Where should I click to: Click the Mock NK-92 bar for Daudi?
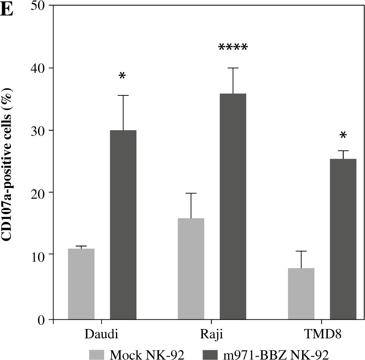(81, 284)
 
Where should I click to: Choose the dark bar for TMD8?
(343, 239)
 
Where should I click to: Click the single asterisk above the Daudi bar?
(122, 76)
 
